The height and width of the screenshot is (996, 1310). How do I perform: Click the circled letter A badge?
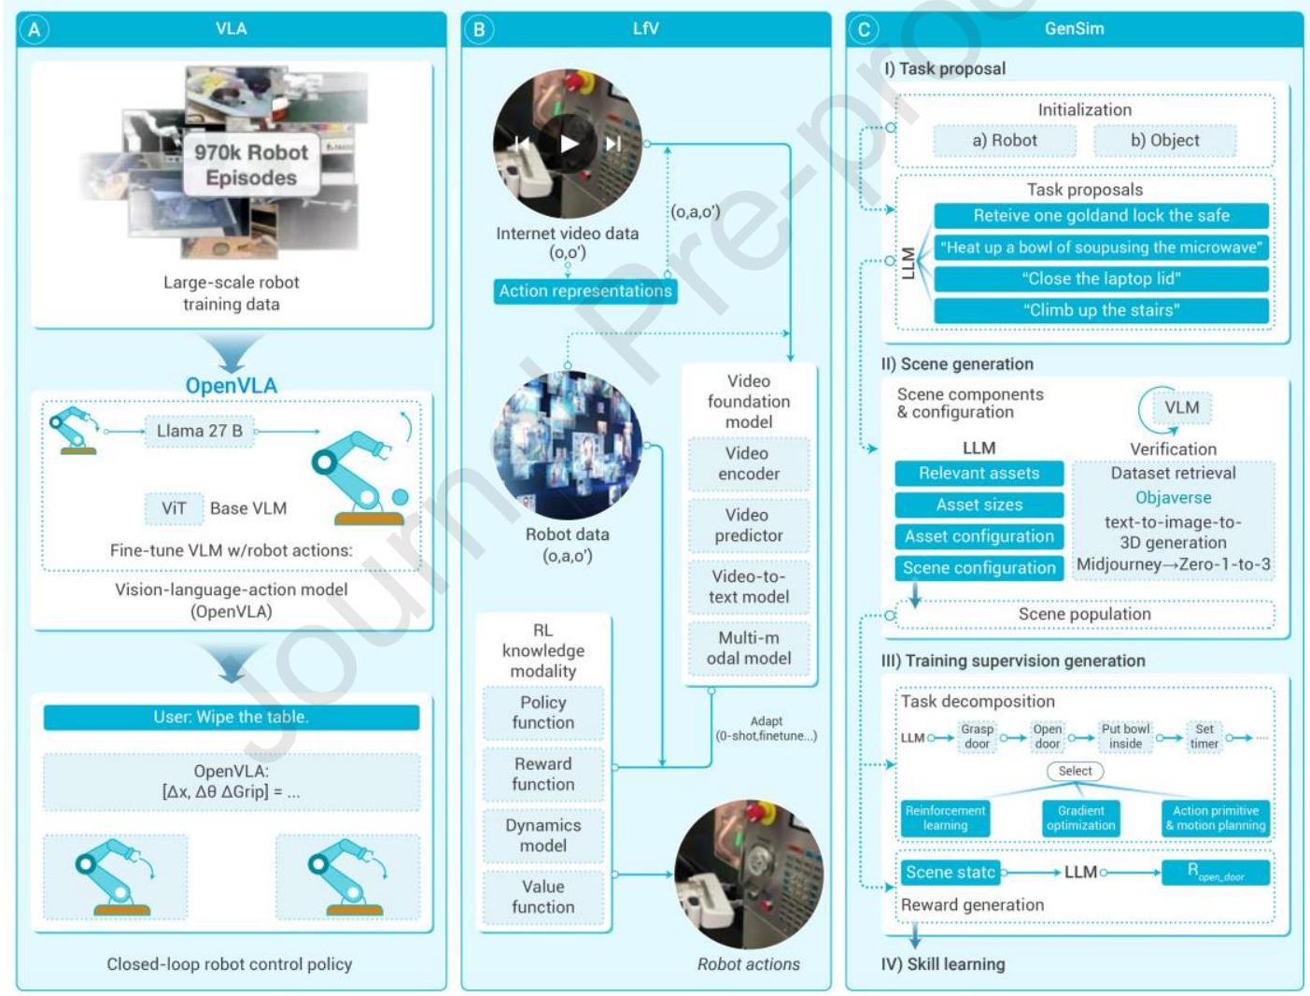pos(35,30)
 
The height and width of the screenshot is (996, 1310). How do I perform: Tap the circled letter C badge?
pos(864,30)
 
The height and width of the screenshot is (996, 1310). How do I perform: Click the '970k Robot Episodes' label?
pos(251,165)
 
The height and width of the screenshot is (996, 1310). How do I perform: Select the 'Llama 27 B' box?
pos(199,431)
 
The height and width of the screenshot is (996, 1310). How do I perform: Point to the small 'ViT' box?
pos(174,508)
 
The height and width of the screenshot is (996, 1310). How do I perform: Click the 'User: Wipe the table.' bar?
pos(231,718)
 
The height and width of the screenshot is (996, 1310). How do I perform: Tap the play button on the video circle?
pos(569,143)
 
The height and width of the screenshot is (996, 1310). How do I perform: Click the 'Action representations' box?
pos(585,291)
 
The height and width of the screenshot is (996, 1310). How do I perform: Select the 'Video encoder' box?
pos(749,463)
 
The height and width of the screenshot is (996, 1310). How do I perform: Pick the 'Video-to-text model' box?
pos(749,587)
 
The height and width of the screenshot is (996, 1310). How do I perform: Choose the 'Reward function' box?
pos(543,774)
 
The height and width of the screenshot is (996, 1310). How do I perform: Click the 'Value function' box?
pos(543,897)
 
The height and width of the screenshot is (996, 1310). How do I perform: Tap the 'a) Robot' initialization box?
pos(1005,140)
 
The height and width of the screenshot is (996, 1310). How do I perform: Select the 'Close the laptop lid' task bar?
pos(1101,278)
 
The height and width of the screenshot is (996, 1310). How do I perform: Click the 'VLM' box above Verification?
pos(1181,407)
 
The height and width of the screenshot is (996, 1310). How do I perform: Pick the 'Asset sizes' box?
pos(979,505)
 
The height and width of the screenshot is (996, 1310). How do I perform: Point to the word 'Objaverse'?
pos(1173,498)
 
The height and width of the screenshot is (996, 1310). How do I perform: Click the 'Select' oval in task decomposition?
pos(1075,771)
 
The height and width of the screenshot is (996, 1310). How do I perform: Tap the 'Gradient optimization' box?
pos(1080,818)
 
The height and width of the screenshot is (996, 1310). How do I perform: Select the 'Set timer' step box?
pos(1204,736)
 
